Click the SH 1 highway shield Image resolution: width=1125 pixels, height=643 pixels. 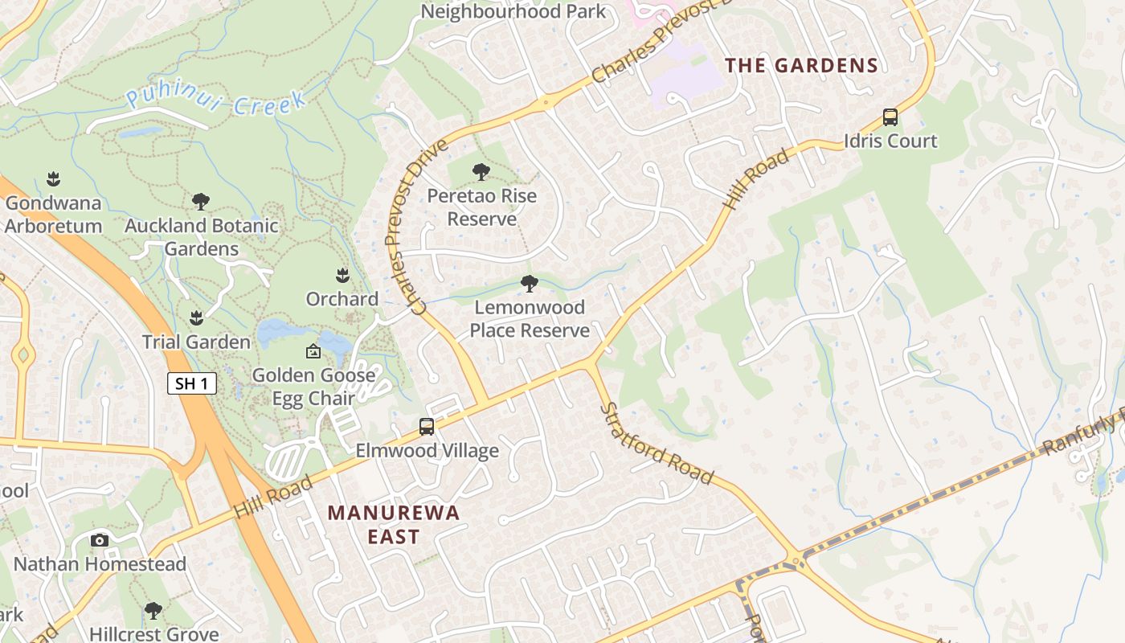coord(192,383)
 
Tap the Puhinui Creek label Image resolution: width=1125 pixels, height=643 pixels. coord(216,102)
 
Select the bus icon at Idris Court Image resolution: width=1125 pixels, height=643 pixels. coord(890,117)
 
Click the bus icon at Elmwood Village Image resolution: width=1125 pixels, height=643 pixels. coord(427,427)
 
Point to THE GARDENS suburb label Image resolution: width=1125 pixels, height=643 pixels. coord(801,66)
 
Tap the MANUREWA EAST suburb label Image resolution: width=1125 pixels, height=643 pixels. coord(394,524)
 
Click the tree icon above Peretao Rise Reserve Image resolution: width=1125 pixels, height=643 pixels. coord(481,172)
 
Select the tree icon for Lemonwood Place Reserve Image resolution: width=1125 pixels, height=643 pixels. coord(529,284)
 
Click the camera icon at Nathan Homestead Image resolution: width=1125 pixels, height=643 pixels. coord(100,540)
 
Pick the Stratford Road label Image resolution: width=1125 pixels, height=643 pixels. coord(657,444)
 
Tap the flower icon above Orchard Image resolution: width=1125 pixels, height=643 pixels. coord(342,276)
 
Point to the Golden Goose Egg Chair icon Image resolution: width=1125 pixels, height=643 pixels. coord(313,352)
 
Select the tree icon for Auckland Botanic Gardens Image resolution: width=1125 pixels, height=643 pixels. coord(201,202)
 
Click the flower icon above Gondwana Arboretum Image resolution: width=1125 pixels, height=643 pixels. coord(53,178)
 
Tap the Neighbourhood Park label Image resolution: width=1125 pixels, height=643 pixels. coord(513,11)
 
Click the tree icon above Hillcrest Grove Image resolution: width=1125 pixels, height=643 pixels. coord(153,611)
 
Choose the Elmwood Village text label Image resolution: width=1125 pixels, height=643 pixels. coord(427,451)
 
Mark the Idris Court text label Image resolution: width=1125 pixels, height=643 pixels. coord(890,141)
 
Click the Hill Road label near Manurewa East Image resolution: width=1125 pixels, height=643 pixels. coord(273,497)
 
